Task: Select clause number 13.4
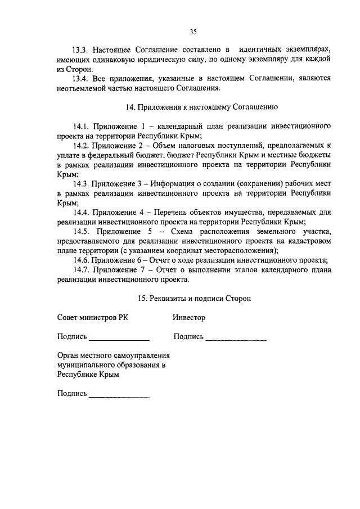tap(82, 79)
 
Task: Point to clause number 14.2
tap(82, 146)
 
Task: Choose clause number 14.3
tap(82, 184)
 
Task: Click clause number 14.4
tap(82, 213)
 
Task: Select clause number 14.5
tap(82, 232)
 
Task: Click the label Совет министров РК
tap(92, 318)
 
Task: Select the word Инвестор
tap(189, 318)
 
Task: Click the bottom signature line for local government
tap(119, 397)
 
